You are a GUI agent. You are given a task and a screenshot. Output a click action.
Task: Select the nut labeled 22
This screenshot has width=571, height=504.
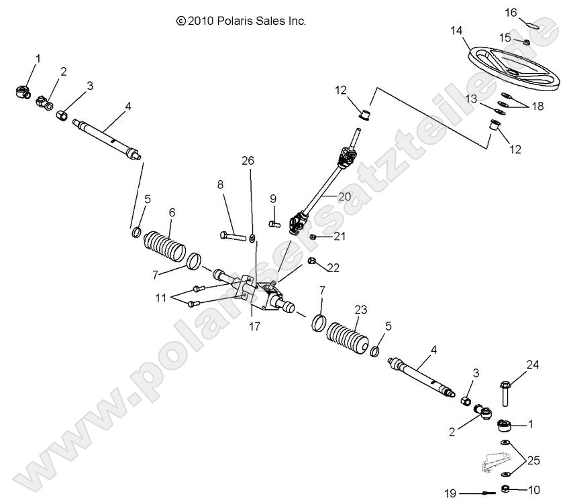pyautogui.click(x=311, y=261)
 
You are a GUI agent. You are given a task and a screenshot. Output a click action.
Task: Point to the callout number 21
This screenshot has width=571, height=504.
pyautogui.click(x=340, y=236)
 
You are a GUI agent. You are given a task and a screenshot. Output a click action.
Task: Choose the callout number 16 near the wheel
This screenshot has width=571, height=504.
pyautogui.click(x=529, y=12)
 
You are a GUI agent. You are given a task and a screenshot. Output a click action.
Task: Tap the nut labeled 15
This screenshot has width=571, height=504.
pyautogui.click(x=527, y=42)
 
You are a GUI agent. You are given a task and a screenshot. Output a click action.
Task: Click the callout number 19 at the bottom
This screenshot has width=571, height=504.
pyautogui.click(x=452, y=494)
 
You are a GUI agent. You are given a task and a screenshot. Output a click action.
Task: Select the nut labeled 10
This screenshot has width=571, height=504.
pyautogui.click(x=504, y=489)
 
